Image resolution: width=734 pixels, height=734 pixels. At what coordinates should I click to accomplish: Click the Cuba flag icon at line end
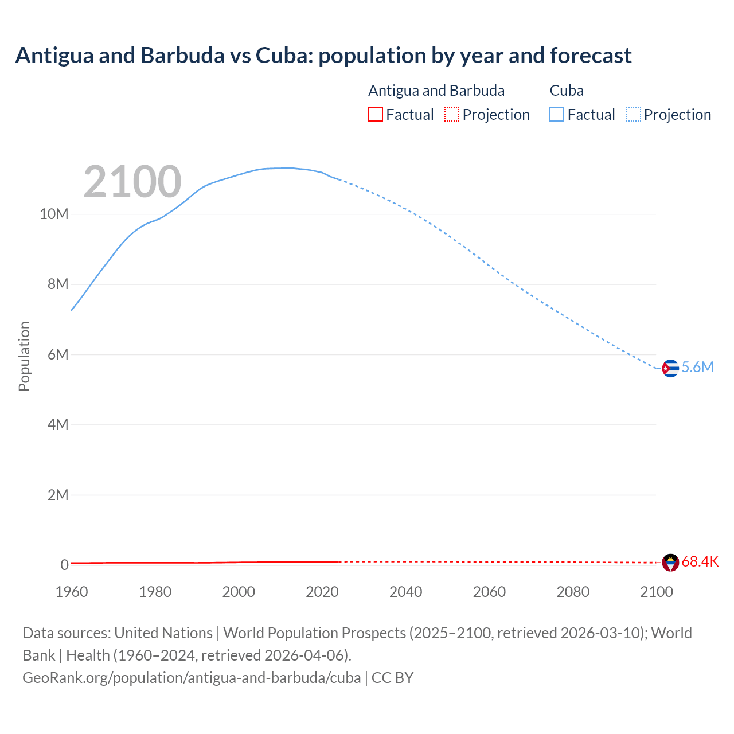coord(670,368)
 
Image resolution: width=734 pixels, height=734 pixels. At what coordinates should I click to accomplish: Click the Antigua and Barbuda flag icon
coord(670,563)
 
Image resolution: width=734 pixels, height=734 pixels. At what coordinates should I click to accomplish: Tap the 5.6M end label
coord(697,368)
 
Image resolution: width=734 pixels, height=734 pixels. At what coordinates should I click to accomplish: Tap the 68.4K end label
coord(700,562)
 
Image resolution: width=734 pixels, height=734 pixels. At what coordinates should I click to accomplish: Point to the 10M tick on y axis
coord(54,214)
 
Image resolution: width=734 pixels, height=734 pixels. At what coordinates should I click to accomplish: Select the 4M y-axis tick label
coord(58,425)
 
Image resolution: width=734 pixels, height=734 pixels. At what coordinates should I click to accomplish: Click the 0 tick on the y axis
coord(64,565)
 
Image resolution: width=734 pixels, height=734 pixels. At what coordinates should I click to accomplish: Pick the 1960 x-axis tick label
coord(72,592)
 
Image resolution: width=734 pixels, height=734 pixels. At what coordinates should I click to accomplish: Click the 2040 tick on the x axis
coord(405,592)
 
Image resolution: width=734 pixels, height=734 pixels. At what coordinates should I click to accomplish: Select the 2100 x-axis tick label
coord(656,592)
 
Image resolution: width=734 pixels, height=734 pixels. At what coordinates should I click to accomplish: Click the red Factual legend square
coord(375,115)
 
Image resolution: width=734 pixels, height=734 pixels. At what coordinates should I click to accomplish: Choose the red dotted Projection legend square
coord(452,115)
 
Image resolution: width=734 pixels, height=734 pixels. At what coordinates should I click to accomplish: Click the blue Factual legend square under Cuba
coord(556,115)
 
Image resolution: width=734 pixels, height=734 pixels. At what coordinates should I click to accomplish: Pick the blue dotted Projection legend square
coord(634,115)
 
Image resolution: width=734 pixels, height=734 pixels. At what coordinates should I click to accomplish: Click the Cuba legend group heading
coord(566,91)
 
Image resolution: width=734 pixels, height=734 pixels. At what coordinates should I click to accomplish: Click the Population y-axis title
coord(24,356)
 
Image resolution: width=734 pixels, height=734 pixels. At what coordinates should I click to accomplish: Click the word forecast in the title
coord(590,56)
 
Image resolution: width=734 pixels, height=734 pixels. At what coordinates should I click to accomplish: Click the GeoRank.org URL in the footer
coord(192,678)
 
